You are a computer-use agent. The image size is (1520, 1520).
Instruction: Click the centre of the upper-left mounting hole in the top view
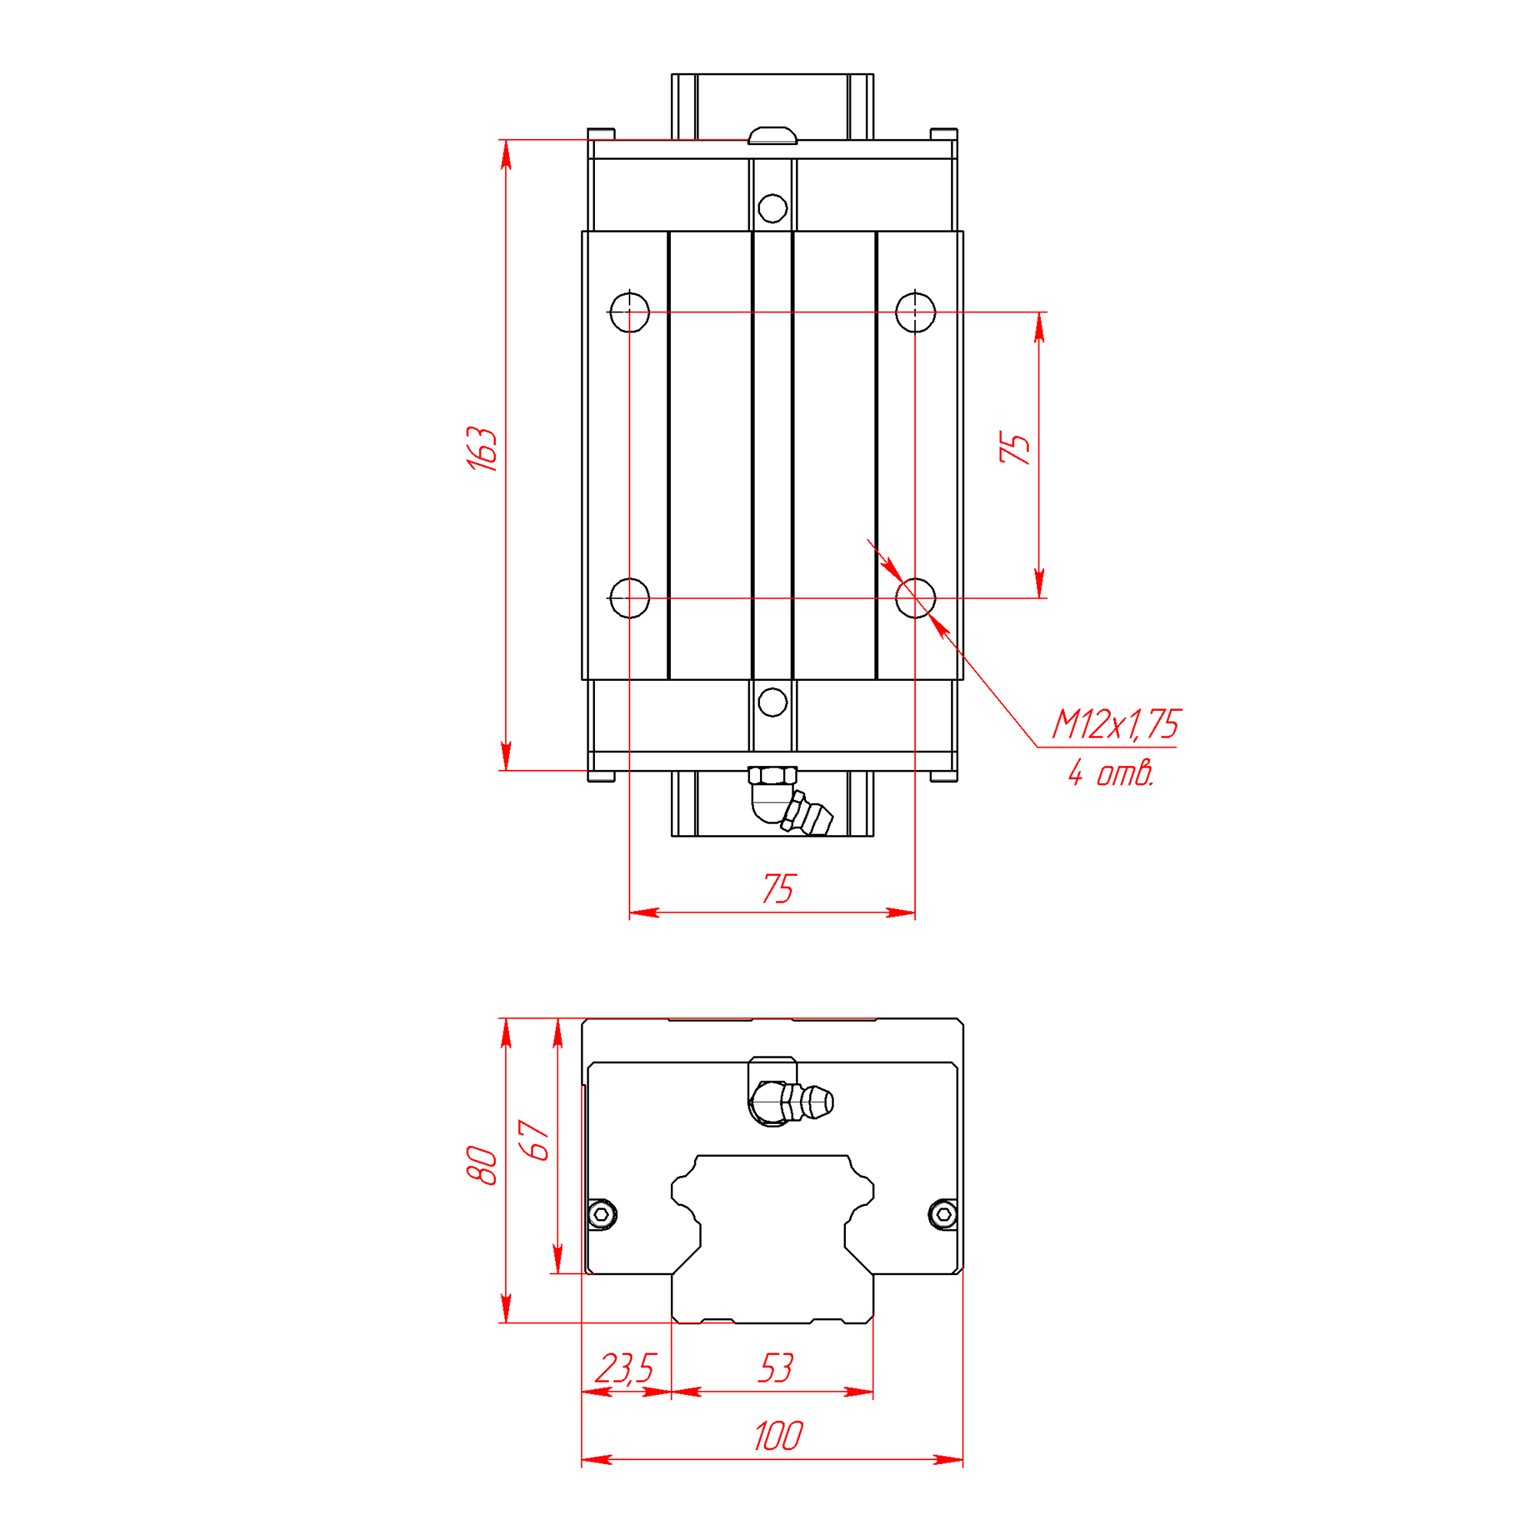[629, 312]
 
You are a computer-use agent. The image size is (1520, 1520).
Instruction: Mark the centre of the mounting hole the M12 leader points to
[915, 598]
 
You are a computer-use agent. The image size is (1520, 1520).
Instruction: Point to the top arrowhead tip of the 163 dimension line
[506, 140]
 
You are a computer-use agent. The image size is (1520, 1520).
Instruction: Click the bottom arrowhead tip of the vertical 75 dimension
[1039, 598]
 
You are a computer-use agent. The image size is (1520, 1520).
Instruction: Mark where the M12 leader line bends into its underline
[1038, 747]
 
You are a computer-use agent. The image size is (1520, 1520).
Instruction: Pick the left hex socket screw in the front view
[603, 1214]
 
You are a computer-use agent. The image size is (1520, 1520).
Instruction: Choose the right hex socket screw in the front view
[943, 1214]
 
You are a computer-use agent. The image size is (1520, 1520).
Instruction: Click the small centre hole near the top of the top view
[772, 209]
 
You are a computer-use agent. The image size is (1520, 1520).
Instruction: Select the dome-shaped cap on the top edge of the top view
[772, 135]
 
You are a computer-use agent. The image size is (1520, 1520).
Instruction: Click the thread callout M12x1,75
[1116, 724]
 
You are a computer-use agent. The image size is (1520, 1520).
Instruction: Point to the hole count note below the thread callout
[1111, 773]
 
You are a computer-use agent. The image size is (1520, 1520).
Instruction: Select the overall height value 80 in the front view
[481, 1166]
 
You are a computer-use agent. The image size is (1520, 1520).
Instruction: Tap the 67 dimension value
[535, 1141]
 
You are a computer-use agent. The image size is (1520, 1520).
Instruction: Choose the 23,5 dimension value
[625, 1368]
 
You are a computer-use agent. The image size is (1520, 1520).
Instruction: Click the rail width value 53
[775, 1368]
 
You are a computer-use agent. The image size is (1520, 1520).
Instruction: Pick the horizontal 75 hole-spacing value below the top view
[779, 889]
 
